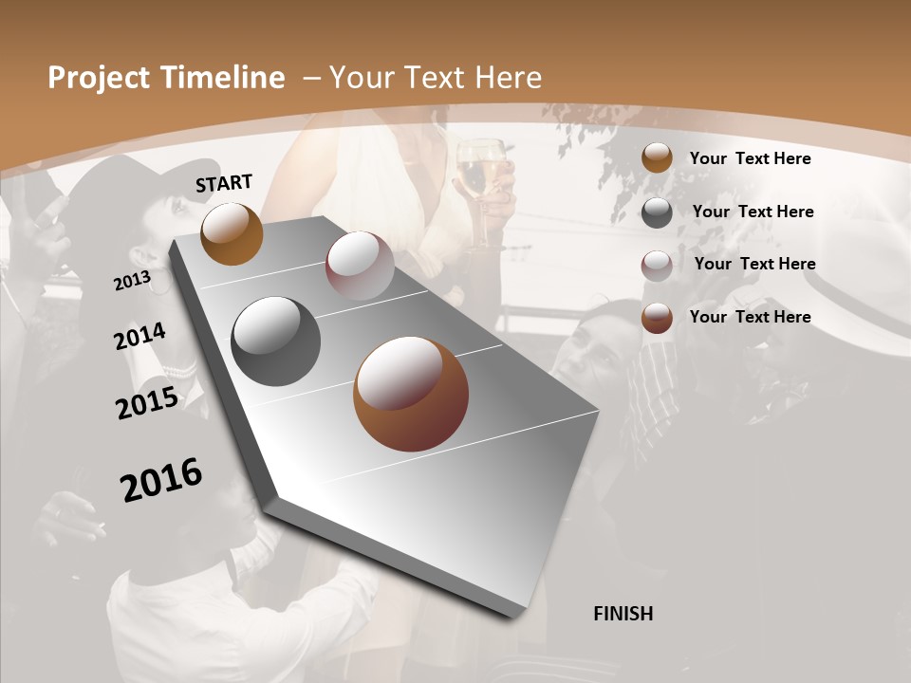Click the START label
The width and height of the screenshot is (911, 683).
coord(224,183)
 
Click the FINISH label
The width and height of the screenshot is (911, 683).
coord(623,614)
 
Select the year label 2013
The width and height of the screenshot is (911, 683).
coord(132,281)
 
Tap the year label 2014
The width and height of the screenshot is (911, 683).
coord(139,337)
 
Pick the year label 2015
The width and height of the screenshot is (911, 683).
coord(147,403)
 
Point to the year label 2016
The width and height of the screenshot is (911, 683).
coord(161,480)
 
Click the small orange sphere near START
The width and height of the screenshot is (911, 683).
coord(232,233)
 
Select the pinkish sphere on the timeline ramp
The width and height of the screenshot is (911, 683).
coord(360,265)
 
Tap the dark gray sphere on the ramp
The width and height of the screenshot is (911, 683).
coord(275,341)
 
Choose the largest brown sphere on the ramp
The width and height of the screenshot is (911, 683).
coord(411,394)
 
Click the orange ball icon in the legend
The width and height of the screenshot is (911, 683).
coord(657,158)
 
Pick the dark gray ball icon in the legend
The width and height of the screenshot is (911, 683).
coord(657,212)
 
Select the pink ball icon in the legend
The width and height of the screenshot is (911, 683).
coord(657,265)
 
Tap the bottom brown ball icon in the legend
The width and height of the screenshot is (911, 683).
coord(657,318)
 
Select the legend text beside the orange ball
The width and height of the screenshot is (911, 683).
coord(750,158)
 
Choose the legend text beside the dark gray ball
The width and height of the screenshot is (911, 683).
coord(753,212)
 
